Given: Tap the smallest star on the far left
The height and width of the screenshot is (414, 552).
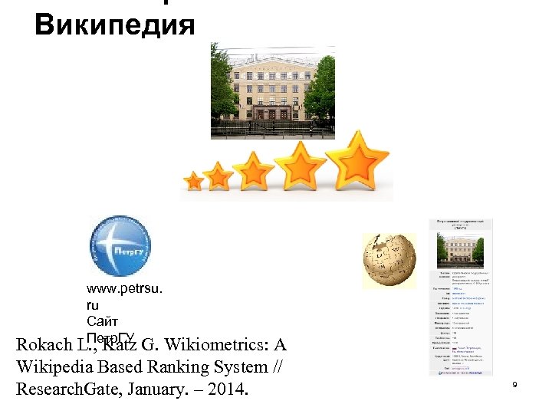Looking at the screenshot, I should [x=194, y=182].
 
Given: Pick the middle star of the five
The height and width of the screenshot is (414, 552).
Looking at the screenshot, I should [x=254, y=170].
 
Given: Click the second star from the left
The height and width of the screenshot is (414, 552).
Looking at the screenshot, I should [x=219, y=176].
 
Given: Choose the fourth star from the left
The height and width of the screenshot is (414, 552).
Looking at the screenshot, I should [x=301, y=165].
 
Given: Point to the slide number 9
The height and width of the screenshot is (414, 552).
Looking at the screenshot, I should [x=515, y=383].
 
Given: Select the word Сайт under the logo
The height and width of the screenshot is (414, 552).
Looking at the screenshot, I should [x=102, y=321].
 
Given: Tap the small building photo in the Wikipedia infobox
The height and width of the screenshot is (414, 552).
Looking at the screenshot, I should [x=459, y=247].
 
